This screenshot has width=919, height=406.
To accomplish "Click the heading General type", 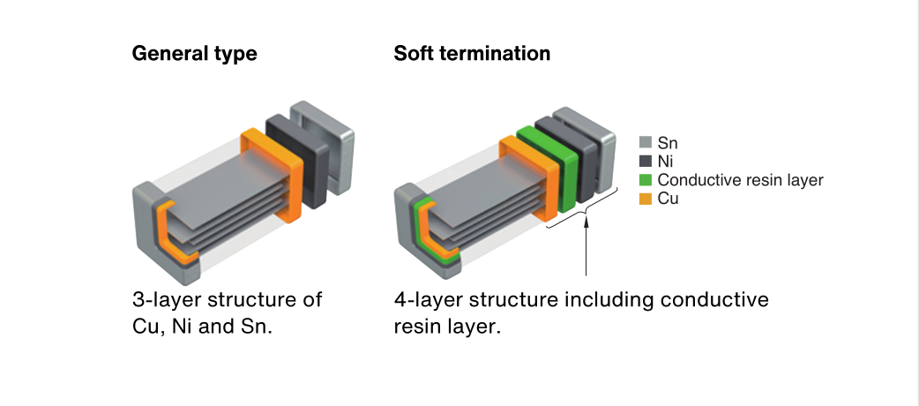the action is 195,54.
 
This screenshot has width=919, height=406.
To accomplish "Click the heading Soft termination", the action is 472,53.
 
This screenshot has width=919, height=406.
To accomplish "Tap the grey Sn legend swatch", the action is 646,143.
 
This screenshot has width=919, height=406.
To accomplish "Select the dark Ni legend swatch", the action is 646,162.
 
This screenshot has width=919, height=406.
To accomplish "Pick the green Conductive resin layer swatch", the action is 646,180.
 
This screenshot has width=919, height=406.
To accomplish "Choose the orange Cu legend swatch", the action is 646,199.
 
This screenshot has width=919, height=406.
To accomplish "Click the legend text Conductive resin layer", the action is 740,180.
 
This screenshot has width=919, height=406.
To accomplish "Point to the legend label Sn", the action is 668,143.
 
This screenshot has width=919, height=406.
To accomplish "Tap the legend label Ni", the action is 665,162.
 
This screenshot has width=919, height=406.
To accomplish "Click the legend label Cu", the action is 669,199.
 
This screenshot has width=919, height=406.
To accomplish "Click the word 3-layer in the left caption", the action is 166,300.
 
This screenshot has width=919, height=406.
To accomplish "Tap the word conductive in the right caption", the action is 714,300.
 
